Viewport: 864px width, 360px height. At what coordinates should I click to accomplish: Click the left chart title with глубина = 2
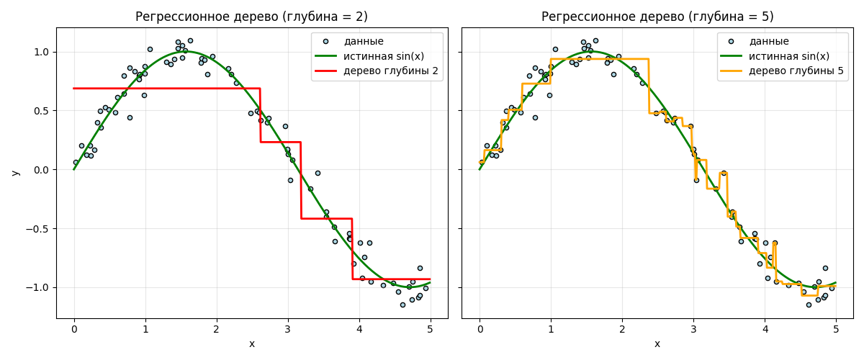[x=252, y=17]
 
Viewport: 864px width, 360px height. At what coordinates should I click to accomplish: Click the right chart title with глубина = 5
[x=657, y=17]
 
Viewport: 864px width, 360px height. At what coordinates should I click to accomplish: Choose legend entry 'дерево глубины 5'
[x=796, y=71]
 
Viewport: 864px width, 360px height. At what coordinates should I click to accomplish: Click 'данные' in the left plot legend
[x=364, y=41]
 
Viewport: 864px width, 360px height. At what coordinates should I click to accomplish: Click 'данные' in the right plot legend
[x=769, y=41]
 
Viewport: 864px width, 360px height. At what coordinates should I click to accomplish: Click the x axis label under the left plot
[x=252, y=344]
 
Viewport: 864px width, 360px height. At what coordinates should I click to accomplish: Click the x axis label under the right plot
[x=657, y=344]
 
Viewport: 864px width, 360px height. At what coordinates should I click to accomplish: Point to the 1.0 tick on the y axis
[x=41, y=52]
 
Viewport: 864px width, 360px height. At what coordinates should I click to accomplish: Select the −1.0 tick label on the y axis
[x=39, y=287]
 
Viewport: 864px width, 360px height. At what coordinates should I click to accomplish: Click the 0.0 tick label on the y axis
[x=41, y=170]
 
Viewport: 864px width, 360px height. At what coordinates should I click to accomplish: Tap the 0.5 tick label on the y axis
[x=41, y=111]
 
